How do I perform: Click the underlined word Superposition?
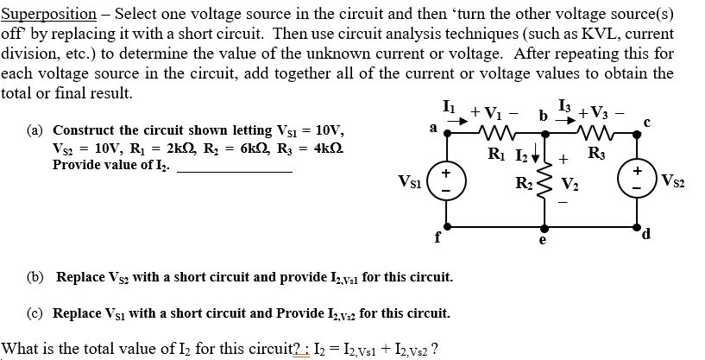click(x=48, y=15)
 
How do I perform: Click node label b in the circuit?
click(x=543, y=116)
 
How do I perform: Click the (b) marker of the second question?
click(x=36, y=277)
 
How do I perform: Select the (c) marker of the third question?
click(x=36, y=312)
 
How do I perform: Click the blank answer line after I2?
click(x=234, y=170)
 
